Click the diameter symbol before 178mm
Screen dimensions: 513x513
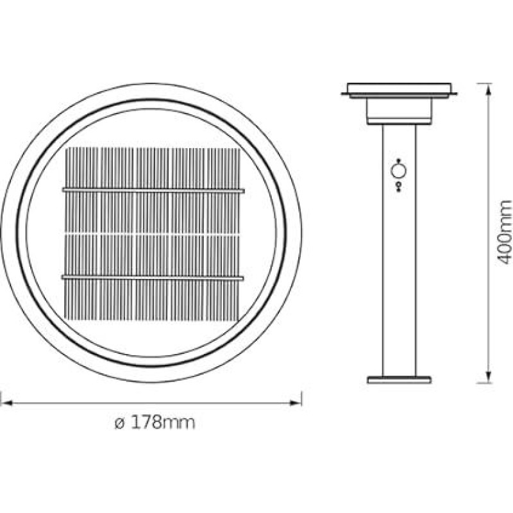[x=120, y=423]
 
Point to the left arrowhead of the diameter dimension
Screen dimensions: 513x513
[x=6, y=403]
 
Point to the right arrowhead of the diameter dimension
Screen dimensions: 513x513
[x=296, y=403]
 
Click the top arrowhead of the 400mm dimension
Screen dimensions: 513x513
[x=489, y=89]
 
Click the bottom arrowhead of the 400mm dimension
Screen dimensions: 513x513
[x=489, y=377]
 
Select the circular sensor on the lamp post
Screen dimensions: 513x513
[x=399, y=171]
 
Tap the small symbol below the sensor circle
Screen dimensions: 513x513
[x=399, y=187]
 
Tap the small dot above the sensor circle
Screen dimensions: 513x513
[x=399, y=160]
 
